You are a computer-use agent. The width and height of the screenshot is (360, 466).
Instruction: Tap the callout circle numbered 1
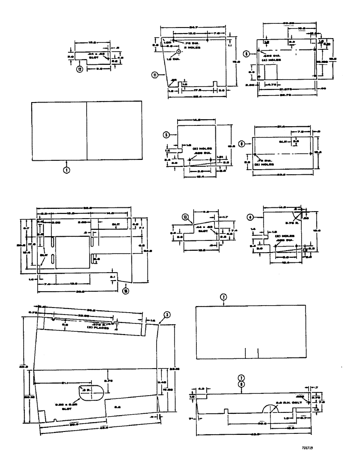67,170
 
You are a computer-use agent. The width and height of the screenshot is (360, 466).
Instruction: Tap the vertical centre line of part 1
87,130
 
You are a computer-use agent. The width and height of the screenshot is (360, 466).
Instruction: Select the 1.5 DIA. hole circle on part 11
178,51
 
